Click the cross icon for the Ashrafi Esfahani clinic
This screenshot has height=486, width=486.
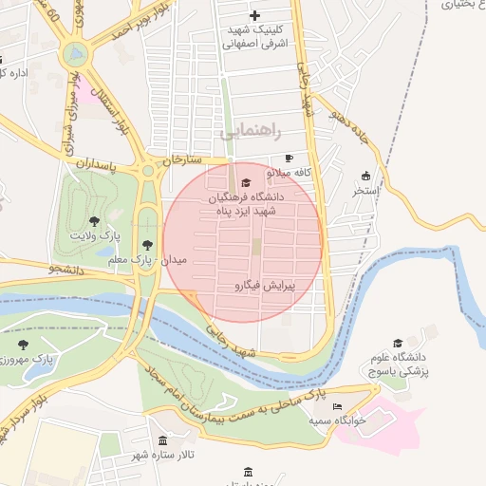click(x=254, y=15)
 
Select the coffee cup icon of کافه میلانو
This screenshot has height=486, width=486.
click(x=290, y=159)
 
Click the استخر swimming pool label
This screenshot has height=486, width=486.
click(x=365, y=191)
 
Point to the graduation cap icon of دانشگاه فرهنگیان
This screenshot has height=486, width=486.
click(x=247, y=183)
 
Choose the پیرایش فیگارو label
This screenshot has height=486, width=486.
click(x=265, y=285)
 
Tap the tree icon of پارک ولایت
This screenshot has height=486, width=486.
click(x=94, y=220)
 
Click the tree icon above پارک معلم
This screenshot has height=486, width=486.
click(x=146, y=245)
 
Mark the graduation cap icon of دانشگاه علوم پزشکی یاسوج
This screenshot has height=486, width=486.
click(x=398, y=344)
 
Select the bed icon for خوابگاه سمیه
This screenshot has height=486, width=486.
click(x=338, y=406)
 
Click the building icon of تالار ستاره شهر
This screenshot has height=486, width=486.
click(x=163, y=441)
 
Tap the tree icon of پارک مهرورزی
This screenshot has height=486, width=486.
click(x=23, y=345)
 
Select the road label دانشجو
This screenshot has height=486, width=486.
click(x=66, y=270)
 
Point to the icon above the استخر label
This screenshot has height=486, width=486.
click(x=365, y=176)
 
